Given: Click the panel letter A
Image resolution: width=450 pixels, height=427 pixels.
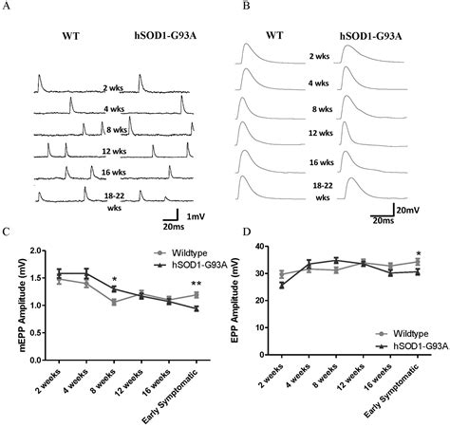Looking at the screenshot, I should click(x=8, y=7).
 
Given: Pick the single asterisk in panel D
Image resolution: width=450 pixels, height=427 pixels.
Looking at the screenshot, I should click(x=419, y=254).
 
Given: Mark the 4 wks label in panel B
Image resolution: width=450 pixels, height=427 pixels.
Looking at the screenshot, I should click(x=319, y=83).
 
